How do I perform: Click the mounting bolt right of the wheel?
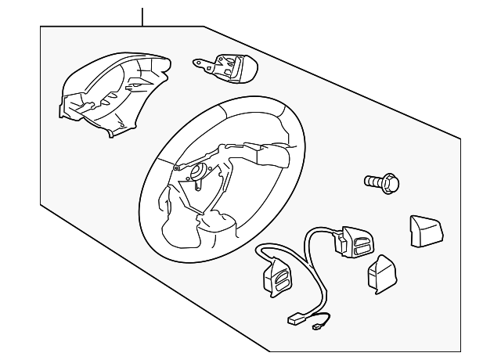point(382,183)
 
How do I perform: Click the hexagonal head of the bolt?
point(392,184)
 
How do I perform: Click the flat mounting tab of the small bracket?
point(205,62)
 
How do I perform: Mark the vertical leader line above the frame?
point(143,16)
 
